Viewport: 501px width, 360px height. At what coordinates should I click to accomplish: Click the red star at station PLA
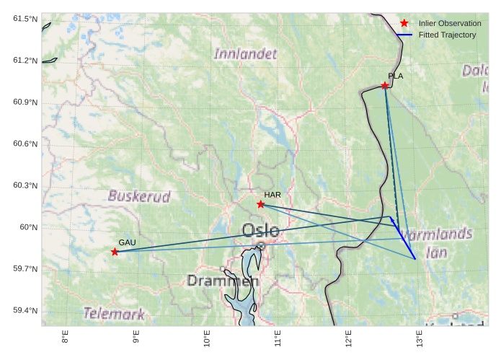tap(385, 85)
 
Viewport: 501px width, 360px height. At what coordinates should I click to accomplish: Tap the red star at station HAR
tap(261, 204)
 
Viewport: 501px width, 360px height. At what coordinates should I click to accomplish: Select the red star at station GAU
tap(115, 252)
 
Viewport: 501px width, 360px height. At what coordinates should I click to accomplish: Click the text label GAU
tap(127, 242)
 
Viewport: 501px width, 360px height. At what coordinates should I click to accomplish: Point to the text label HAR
tap(272, 195)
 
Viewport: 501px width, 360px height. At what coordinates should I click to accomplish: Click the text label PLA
tap(395, 76)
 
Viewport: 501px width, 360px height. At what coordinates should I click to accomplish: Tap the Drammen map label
tap(221, 281)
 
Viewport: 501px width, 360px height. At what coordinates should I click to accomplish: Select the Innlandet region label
tap(245, 54)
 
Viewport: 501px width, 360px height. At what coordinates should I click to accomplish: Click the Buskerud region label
tap(139, 196)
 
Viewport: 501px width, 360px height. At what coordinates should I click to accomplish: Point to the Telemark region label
tap(114, 314)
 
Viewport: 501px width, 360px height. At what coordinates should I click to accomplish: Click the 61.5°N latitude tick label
tap(25, 18)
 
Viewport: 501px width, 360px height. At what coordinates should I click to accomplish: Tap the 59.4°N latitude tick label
tap(25, 311)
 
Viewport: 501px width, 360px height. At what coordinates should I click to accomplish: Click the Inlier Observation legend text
tap(449, 24)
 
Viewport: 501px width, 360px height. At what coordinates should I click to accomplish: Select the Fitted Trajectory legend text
tap(447, 35)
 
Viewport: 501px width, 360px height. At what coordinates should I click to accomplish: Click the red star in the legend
tap(404, 23)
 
